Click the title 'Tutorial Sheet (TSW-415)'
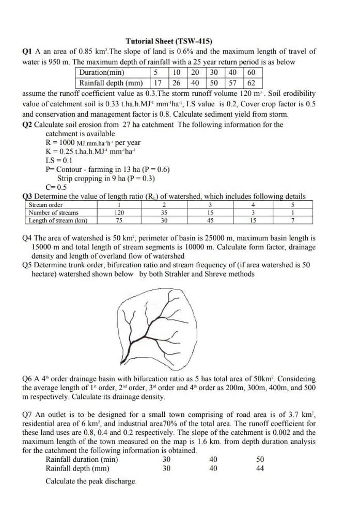point(169,41)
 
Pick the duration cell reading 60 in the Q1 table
point(252,73)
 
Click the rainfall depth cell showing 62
point(252,83)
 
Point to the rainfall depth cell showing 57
point(233,83)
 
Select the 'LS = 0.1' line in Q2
point(60,160)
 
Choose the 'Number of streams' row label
point(54,213)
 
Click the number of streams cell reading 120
point(119,213)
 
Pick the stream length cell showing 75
point(119,220)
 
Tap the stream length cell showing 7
point(292,220)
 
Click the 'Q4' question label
point(28,238)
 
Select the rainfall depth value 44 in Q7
point(260,469)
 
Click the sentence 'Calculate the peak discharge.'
point(91,481)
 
